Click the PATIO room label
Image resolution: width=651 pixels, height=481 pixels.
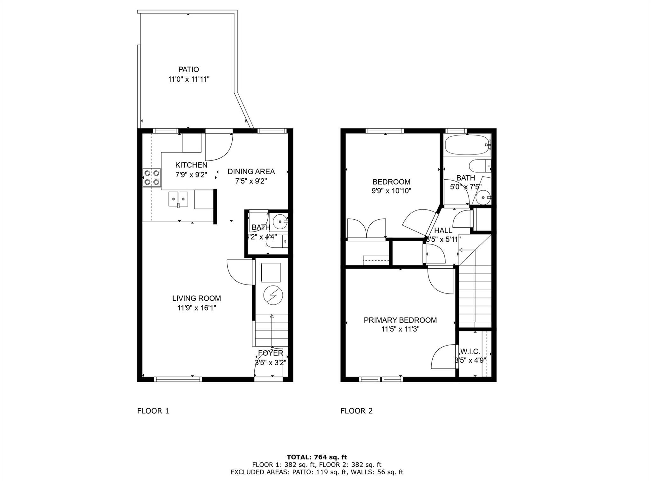click(188, 69)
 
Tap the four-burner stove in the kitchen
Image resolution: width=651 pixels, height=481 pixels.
click(152, 177)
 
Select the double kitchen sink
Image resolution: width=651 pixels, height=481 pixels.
click(178, 199)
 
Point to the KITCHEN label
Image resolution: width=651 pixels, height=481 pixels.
click(191, 165)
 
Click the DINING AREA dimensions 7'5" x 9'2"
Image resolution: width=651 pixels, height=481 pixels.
click(251, 181)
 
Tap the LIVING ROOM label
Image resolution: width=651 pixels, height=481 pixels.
click(196, 298)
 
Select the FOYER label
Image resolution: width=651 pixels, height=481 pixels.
click(271, 353)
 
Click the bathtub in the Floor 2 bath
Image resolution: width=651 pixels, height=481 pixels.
click(468, 145)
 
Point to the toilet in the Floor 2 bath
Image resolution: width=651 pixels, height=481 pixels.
click(480, 166)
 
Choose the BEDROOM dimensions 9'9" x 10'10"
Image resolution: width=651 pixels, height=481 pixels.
click(392, 191)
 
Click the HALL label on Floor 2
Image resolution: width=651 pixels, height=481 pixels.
click(443, 230)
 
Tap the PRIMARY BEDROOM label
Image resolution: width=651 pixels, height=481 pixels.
click(400, 320)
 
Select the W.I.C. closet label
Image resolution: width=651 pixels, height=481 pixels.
click(470, 351)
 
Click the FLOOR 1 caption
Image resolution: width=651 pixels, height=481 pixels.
click(153, 411)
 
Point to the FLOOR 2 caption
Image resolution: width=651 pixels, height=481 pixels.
click(356, 411)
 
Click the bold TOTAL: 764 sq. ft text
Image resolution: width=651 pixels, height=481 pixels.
click(317, 457)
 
